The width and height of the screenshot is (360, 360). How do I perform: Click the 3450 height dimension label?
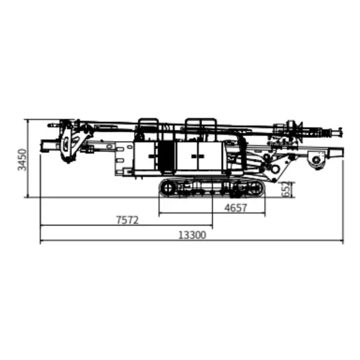pos(22,159)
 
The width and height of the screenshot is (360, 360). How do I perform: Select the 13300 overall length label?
pos(192,235)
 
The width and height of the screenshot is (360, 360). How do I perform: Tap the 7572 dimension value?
pos(128,220)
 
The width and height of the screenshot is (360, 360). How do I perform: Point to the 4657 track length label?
pos(236,208)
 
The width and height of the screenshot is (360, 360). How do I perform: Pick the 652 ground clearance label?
pos(286,189)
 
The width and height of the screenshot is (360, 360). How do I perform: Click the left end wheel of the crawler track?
pos(168,187)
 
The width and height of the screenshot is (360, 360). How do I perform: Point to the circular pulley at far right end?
pos(317,160)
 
